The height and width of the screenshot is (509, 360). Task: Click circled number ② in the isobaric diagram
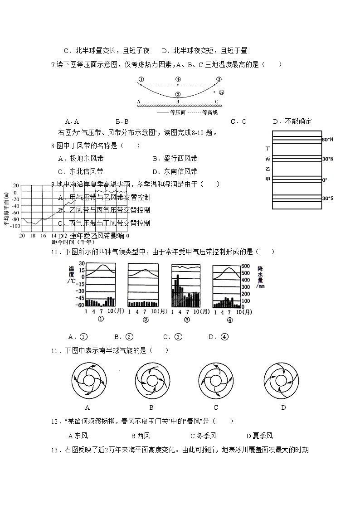(178, 94)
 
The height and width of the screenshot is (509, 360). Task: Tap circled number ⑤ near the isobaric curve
(221, 92)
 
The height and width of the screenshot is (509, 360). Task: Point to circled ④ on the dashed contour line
(178, 79)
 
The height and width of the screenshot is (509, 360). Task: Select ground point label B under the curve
(178, 102)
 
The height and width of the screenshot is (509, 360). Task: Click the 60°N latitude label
(327, 140)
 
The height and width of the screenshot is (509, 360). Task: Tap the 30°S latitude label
(327, 199)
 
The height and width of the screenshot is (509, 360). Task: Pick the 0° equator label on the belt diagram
(324, 180)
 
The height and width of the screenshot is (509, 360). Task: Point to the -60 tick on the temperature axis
(79, 305)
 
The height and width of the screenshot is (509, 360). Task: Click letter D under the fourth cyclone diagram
(283, 407)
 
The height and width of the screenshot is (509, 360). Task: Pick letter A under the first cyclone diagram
(88, 407)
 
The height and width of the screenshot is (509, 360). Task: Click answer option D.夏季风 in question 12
(259, 436)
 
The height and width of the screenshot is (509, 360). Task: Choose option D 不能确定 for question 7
(292, 121)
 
